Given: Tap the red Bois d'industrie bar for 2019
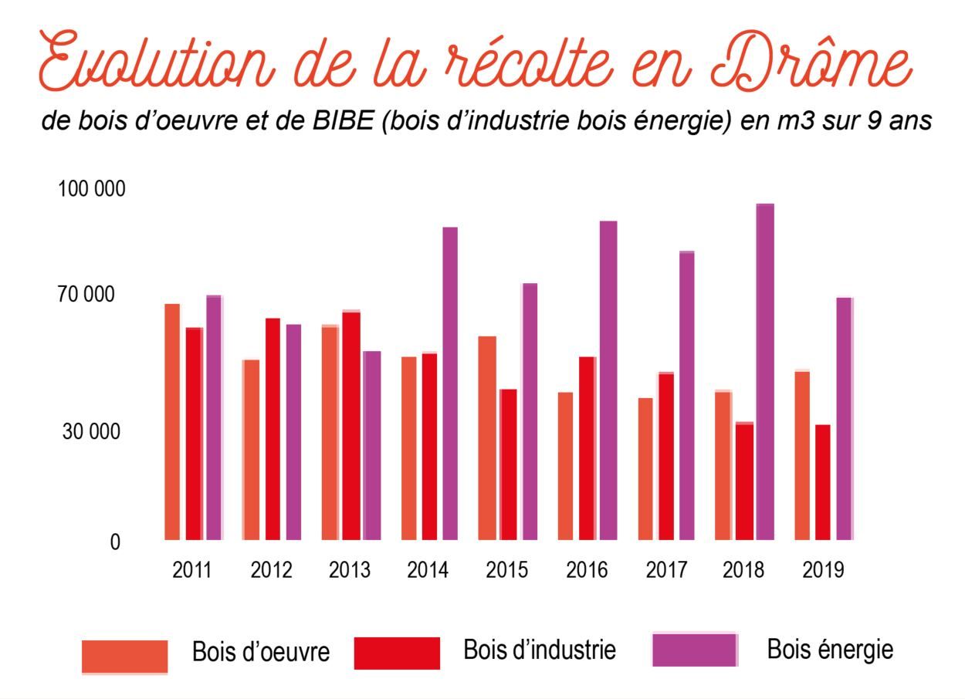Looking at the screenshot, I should [823, 482].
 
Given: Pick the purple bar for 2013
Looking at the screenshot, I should [372, 445].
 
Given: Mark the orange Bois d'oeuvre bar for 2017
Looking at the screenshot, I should [645, 469].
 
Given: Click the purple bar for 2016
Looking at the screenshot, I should [608, 380].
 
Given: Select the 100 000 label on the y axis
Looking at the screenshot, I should [91, 190].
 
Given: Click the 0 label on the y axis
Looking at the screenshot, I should [115, 543].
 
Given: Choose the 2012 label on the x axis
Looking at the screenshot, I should [271, 571].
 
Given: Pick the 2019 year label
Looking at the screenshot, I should [824, 571].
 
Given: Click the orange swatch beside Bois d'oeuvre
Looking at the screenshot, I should [125, 657].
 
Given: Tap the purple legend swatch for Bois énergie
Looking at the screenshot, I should [695, 650].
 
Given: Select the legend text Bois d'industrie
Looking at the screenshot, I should [540, 650].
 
